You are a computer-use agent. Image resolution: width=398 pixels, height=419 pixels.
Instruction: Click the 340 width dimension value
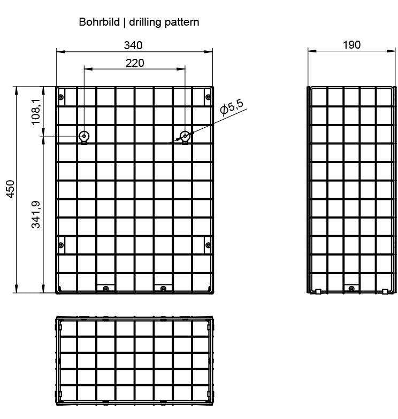point(133,45)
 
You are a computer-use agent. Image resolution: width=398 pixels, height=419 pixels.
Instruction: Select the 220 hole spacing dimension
point(135,63)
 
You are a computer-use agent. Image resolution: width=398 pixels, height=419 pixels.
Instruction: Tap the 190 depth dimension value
point(351,45)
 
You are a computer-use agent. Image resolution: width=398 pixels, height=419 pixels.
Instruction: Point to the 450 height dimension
point(11,189)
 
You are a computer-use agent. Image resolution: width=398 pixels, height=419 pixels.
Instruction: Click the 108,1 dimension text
point(35,112)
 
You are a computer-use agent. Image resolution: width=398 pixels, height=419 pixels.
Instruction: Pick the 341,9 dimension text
point(35,214)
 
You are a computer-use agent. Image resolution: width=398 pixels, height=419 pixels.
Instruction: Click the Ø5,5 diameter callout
point(232,107)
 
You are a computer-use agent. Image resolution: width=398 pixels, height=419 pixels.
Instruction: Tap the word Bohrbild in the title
point(99,22)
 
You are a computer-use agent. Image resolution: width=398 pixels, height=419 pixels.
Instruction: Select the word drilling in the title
point(146,22)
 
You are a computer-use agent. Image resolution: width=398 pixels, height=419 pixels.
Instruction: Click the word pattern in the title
point(182,22)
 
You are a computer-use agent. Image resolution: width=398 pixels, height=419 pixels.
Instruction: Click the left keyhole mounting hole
point(84,137)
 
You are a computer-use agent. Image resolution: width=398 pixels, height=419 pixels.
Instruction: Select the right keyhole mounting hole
point(185,137)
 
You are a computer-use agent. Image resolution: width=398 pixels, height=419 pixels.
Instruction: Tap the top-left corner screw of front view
point(61,97)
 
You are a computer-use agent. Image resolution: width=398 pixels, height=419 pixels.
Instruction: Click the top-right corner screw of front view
point(208,97)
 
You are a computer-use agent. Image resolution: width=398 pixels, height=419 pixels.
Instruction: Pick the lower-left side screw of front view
point(61,245)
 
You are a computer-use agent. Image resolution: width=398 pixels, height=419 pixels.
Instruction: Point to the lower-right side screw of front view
point(208,245)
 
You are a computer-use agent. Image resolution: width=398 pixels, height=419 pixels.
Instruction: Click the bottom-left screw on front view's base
point(106,289)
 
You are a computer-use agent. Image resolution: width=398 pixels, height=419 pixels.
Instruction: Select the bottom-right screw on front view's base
point(163,289)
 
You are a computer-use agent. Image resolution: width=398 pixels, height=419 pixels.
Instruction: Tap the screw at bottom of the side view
point(352,289)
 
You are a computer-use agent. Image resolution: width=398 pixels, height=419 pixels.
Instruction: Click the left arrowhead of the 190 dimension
point(312,51)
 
